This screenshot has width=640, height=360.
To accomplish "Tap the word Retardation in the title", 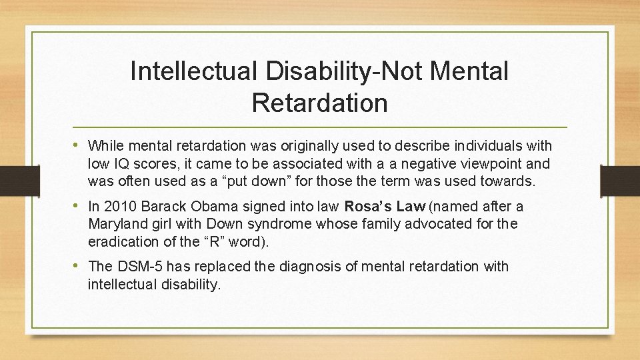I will coord(320,103).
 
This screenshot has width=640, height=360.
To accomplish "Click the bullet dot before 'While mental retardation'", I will coord(78,145).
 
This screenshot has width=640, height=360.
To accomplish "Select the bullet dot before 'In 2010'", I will coord(78,206).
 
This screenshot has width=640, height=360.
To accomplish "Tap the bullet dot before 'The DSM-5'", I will coord(78,266).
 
